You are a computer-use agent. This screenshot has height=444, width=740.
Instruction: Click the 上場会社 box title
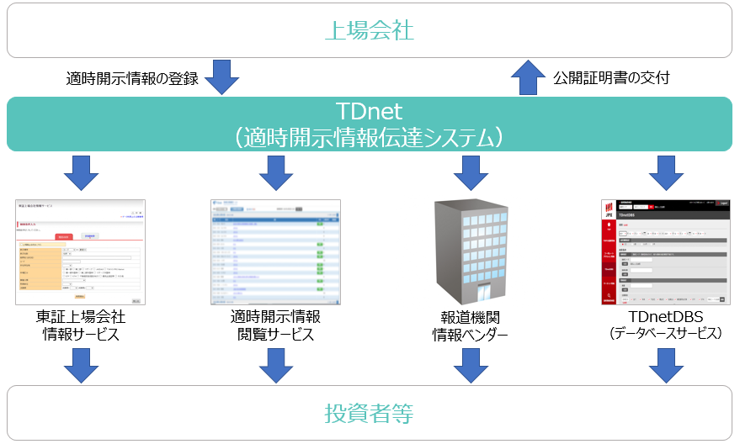click(369, 31)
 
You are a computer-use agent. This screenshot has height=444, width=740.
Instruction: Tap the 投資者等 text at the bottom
click(369, 414)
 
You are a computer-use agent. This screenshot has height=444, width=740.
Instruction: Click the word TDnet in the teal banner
click(369, 111)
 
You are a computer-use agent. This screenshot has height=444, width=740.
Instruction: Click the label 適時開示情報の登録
click(132, 79)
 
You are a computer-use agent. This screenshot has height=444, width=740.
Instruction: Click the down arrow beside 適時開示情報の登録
click(222, 77)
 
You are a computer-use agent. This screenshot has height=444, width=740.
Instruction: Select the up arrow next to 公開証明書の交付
click(529, 77)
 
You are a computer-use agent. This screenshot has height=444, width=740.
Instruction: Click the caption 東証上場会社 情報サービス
click(81, 326)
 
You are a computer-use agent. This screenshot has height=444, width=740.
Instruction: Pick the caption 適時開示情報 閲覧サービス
click(275, 326)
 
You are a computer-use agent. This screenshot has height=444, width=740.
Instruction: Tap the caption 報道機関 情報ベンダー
click(471, 326)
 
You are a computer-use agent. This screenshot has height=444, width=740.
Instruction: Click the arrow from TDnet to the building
click(471, 172)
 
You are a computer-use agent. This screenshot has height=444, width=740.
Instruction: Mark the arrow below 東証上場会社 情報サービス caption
click(81, 364)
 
